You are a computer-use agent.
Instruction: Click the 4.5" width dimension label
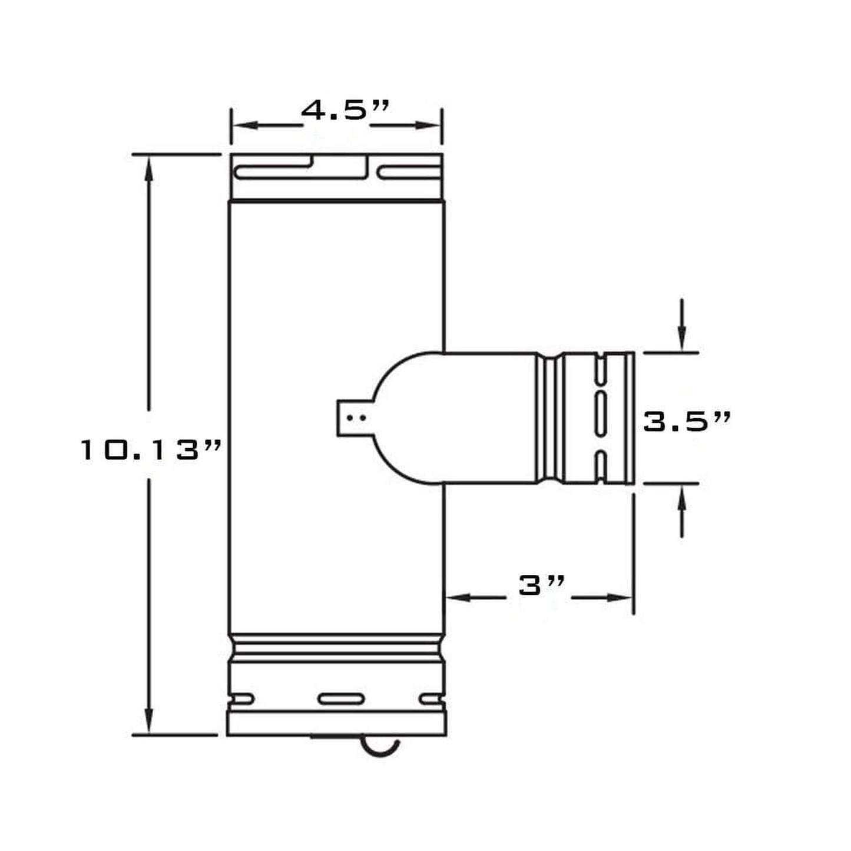pyautogui.click(x=345, y=111)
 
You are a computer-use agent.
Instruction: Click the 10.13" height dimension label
pyautogui.click(x=151, y=451)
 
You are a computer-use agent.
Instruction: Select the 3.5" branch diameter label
pyautogui.click(x=686, y=421)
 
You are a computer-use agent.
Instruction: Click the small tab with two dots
pyautogui.click(x=354, y=418)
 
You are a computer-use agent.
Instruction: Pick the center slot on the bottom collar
pyautogui.click(x=341, y=699)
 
